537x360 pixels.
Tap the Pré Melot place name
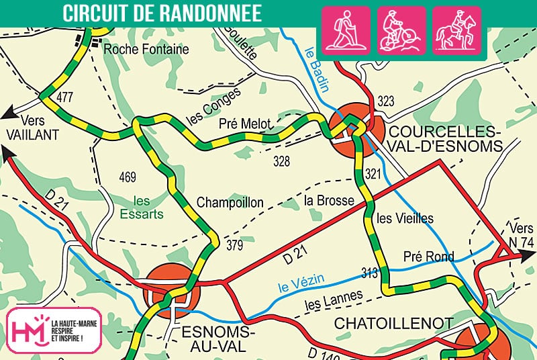(x=246, y=124)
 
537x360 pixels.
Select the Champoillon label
(x=230, y=203)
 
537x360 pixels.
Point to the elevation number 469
(x=127, y=178)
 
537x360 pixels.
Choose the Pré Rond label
(x=428, y=256)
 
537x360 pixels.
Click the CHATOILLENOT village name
(x=394, y=324)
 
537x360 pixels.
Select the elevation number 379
(x=234, y=244)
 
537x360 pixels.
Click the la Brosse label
(x=326, y=200)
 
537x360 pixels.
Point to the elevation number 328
(x=281, y=161)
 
